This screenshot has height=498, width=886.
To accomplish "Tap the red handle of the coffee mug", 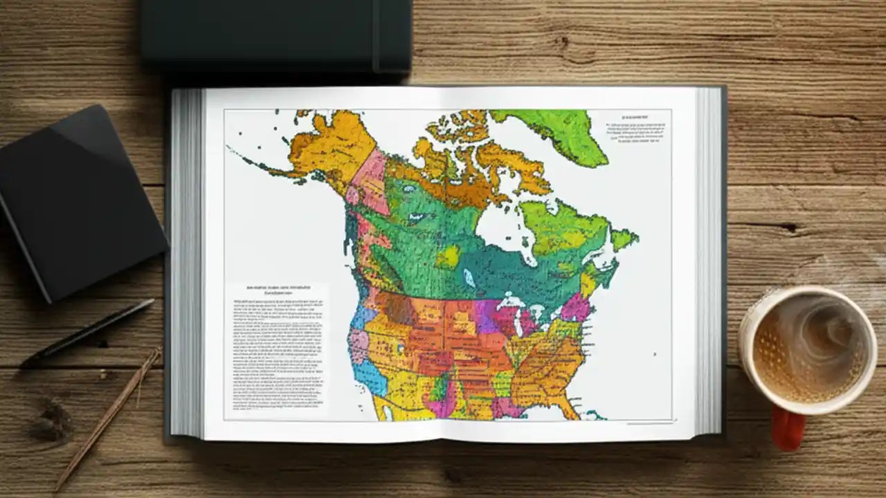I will (788, 428).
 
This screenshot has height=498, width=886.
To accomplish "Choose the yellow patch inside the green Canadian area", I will (448, 257).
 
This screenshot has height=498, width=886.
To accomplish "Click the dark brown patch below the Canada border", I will (397, 308).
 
